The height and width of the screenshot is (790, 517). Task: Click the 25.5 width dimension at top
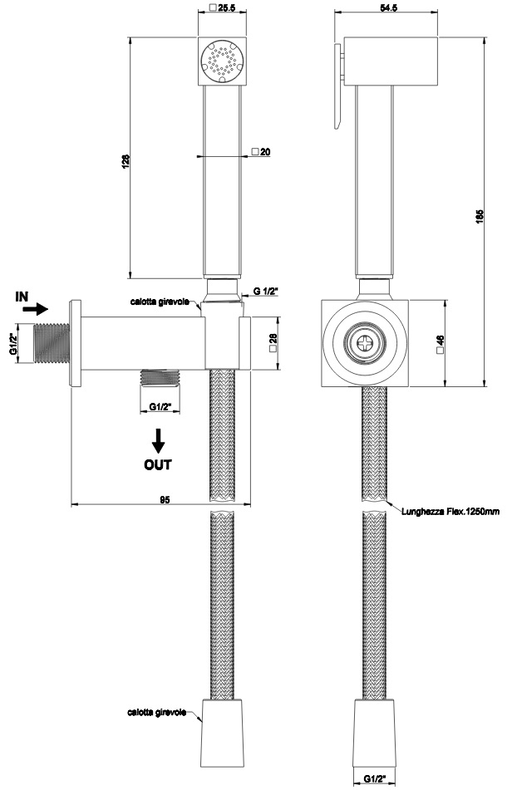pyautogui.click(x=225, y=8)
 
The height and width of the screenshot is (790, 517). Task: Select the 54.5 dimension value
pyautogui.click(x=386, y=8)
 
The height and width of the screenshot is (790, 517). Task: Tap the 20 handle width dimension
pyautogui.click(x=265, y=152)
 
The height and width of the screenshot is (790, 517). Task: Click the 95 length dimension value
pyautogui.click(x=165, y=500)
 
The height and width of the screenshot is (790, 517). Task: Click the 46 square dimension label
pyautogui.click(x=440, y=343)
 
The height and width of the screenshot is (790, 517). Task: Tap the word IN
pyautogui.click(x=22, y=297)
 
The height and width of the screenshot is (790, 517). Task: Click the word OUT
pyautogui.click(x=158, y=464)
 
